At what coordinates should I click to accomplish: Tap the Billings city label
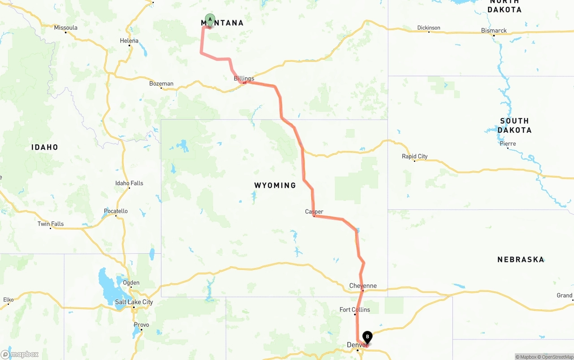tap(244, 78)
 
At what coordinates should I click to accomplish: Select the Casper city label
tap(314, 212)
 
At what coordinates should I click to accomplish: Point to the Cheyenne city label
tap(363, 286)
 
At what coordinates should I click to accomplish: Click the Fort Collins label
tap(355, 309)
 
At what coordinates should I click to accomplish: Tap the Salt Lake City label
tap(134, 302)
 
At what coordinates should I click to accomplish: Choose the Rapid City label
tap(414, 156)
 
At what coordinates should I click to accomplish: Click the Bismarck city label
tap(494, 30)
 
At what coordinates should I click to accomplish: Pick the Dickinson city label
tap(428, 28)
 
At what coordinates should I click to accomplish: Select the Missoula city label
tap(65, 28)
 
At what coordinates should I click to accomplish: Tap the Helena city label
tap(129, 41)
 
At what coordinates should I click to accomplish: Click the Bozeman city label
tap(161, 83)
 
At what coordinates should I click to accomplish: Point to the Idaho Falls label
tap(129, 183)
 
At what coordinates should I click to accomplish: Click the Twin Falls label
tap(50, 224)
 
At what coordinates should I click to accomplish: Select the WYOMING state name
tap(275, 185)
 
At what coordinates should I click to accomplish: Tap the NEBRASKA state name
tap(520, 259)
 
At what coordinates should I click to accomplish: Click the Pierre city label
tap(508, 144)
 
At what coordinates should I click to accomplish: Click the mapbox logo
tap(20, 354)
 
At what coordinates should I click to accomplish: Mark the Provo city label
tap(141, 325)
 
